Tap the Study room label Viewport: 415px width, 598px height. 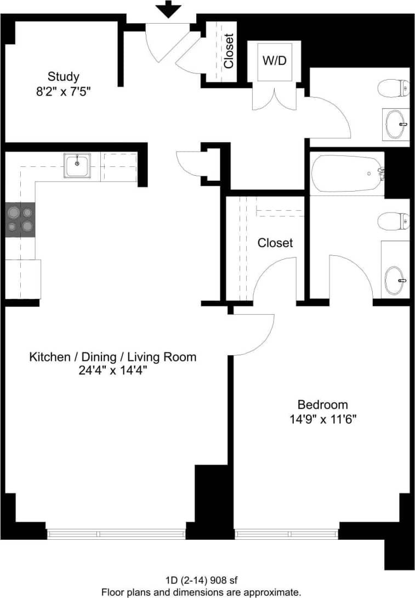(63, 76)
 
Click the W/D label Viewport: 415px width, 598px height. (274, 61)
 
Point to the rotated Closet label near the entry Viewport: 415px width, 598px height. (229, 51)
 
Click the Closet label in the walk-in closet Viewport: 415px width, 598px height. (275, 243)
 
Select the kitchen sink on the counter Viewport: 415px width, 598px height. (77, 165)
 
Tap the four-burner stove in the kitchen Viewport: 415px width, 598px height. (20, 220)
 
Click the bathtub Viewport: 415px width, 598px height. (348, 173)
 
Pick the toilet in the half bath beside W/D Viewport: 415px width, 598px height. (394, 87)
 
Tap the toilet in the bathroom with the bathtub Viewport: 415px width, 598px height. (394, 222)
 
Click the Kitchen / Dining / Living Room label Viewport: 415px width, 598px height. (112, 357)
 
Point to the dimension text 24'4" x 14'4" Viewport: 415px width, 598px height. (112, 371)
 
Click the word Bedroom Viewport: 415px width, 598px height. (322, 405)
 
